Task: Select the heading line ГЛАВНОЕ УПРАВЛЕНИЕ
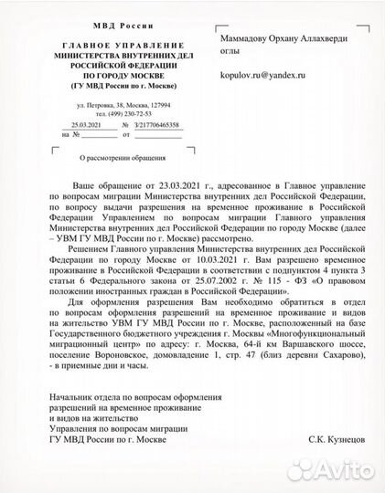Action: pyautogui.click(x=112, y=44)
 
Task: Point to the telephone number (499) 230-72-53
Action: pyautogui.click(x=124, y=114)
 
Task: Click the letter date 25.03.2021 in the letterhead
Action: pyautogui.click(x=73, y=124)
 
